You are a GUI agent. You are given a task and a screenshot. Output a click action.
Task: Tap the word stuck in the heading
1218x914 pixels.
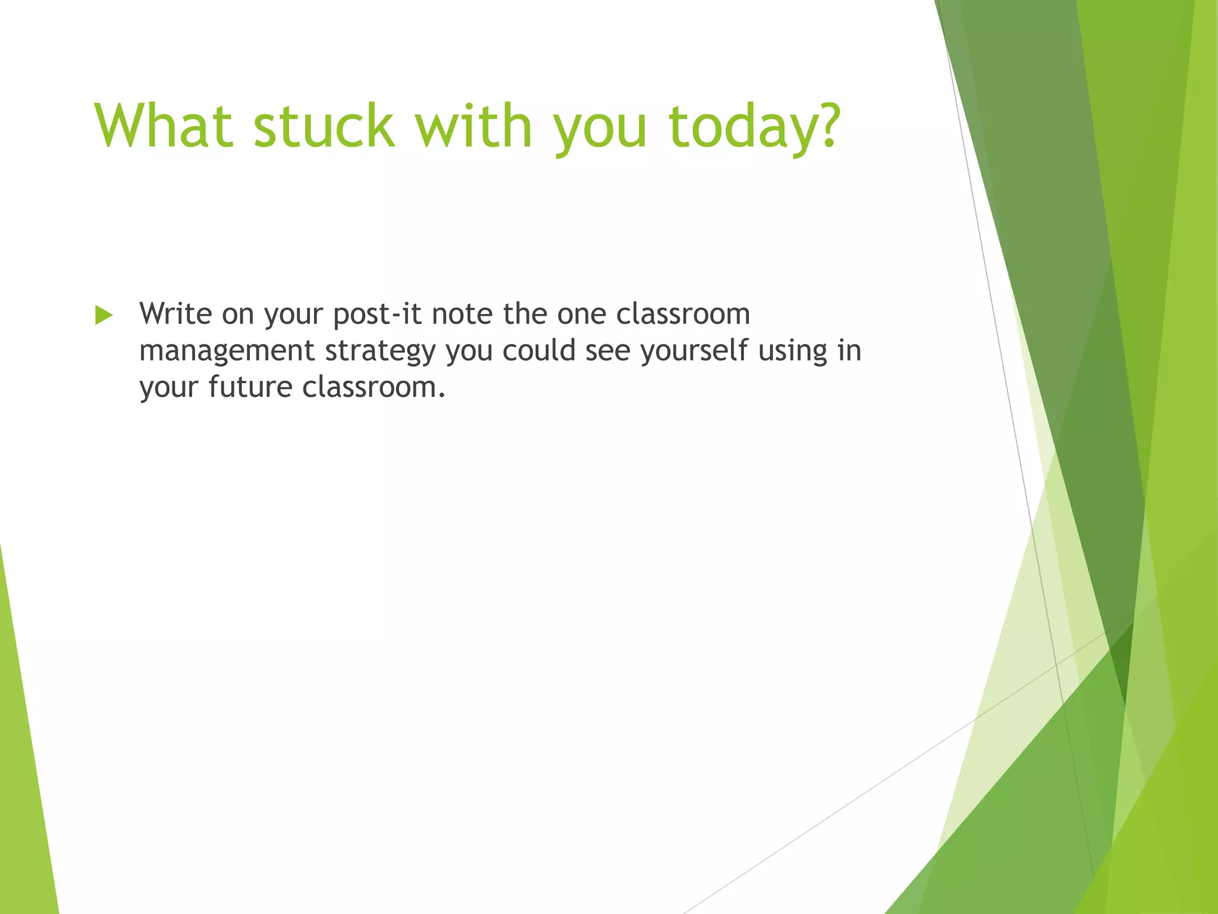click(324, 126)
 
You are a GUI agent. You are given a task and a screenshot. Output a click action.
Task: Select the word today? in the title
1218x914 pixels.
click(754, 126)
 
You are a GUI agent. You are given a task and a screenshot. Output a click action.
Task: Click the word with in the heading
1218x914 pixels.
click(473, 126)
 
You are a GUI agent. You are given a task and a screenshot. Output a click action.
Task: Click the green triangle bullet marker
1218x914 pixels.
click(103, 315)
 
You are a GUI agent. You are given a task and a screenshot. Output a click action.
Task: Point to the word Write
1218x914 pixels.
click(175, 314)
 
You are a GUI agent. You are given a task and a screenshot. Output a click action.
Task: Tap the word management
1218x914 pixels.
click(227, 351)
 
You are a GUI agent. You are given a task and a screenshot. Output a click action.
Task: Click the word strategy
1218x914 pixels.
click(380, 351)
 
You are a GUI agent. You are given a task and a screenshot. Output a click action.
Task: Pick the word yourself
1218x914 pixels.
click(693, 351)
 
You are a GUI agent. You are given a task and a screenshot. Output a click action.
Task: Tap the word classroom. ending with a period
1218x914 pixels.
click(373, 387)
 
